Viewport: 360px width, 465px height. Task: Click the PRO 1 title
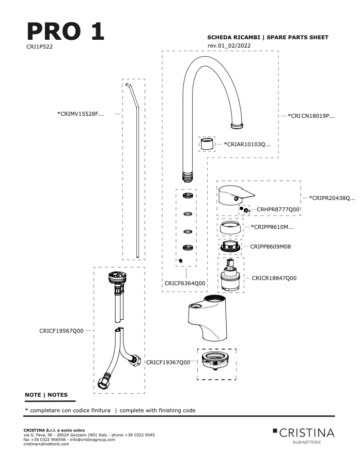click(66, 31)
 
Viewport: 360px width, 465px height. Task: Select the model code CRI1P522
click(39, 47)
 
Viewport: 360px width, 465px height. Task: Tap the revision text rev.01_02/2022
click(229, 45)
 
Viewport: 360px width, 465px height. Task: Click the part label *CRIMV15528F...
click(81, 114)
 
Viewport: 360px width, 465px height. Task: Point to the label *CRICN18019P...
click(311, 116)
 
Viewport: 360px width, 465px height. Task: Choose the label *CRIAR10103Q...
click(247, 145)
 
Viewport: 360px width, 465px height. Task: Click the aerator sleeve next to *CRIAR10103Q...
click(207, 144)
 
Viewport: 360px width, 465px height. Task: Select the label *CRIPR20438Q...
click(332, 198)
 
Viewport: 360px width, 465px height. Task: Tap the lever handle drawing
click(236, 195)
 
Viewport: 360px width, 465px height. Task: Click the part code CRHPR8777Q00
click(278, 209)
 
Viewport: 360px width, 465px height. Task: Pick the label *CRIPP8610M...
click(272, 227)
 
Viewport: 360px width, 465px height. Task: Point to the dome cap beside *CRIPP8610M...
click(230, 227)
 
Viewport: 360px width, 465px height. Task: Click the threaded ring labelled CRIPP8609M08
click(230, 247)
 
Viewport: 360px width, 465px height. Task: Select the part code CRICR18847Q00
click(274, 278)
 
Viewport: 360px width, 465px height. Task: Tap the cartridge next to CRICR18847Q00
click(230, 275)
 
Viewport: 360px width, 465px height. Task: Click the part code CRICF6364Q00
click(185, 283)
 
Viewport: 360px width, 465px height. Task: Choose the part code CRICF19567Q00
click(61, 331)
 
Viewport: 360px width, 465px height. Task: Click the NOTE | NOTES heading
click(46, 395)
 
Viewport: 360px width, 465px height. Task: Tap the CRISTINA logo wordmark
click(307, 433)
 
